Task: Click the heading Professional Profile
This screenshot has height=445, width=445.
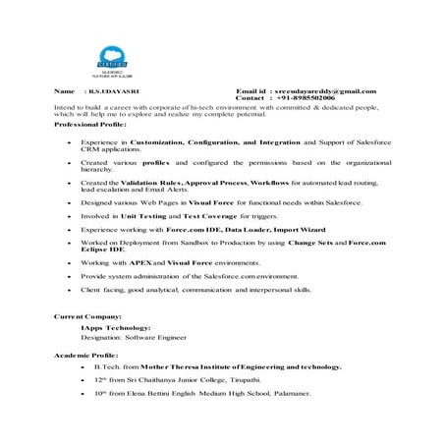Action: click(89, 126)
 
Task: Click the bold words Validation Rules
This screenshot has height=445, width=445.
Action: click(151, 183)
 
